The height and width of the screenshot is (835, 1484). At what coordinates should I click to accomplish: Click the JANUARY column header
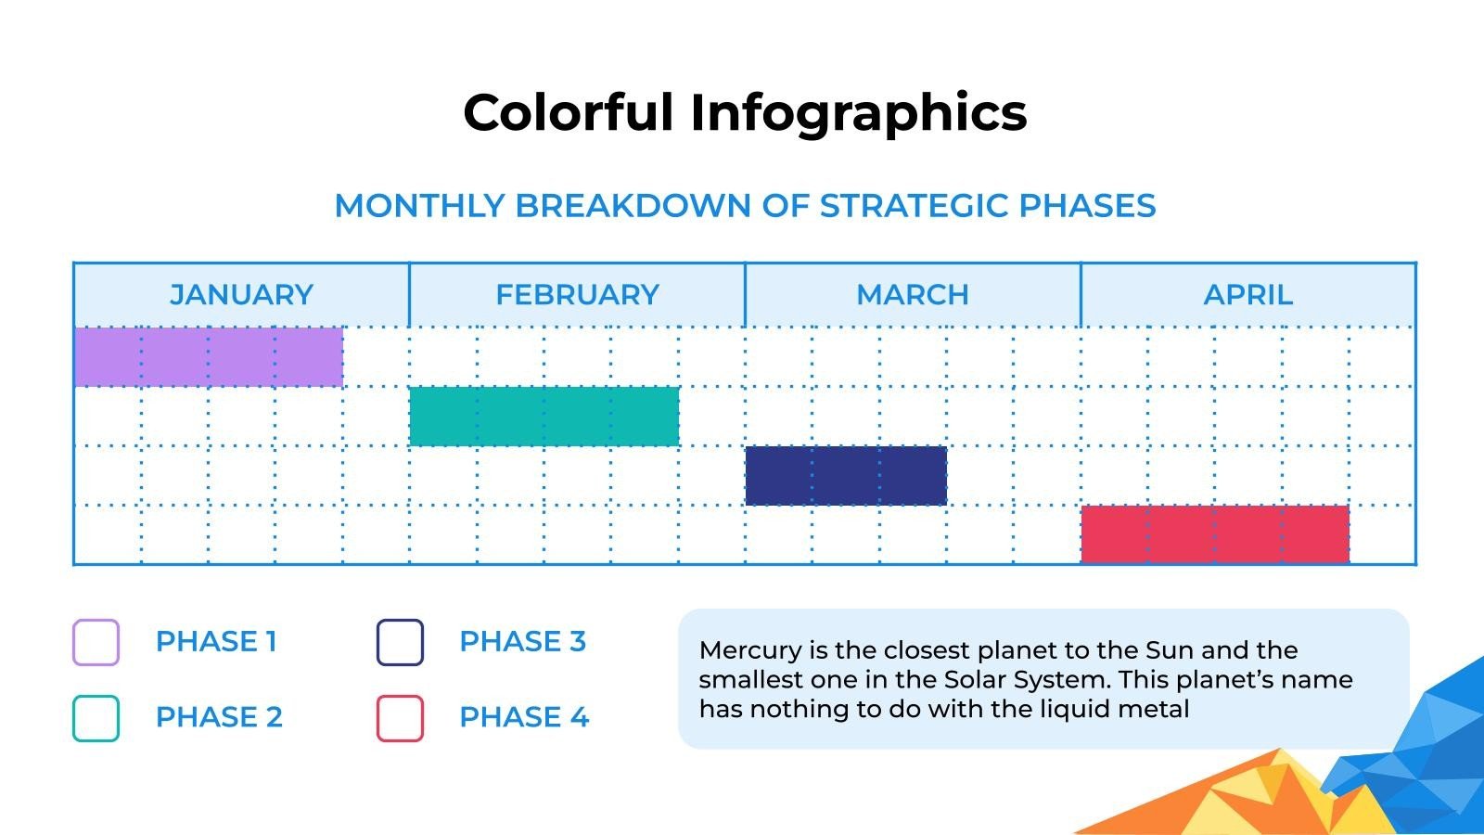(x=241, y=295)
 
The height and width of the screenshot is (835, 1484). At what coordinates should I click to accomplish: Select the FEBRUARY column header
(x=577, y=295)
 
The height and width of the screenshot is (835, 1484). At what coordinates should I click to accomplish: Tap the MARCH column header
(x=913, y=295)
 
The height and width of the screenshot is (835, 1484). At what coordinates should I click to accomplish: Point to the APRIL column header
(x=1247, y=295)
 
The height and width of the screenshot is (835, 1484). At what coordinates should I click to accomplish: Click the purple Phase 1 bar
(x=208, y=356)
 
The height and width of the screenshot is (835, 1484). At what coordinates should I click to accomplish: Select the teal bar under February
(x=544, y=417)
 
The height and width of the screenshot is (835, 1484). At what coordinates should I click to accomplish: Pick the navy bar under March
(x=846, y=476)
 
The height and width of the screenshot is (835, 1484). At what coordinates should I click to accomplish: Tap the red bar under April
(x=1215, y=534)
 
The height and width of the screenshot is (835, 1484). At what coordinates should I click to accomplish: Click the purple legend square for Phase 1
(x=96, y=642)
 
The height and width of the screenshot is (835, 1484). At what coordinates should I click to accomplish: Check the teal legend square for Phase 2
(x=96, y=718)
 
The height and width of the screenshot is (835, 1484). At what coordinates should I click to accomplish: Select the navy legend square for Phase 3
(x=400, y=642)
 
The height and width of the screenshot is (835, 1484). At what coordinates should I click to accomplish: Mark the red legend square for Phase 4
(x=400, y=718)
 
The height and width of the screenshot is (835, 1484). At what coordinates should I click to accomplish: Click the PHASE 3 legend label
(x=522, y=642)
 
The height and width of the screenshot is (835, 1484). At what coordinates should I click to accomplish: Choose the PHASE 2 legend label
(x=219, y=717)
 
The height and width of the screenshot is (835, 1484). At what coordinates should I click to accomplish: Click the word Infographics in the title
(x=858, y=113)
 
